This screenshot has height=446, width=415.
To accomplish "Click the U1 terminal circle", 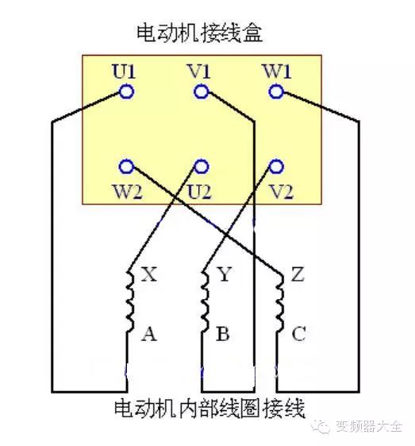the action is (x=126, y=91).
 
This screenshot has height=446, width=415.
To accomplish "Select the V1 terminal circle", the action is (x=202, y=91).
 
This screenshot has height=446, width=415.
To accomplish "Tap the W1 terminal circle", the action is (x=276, y=91).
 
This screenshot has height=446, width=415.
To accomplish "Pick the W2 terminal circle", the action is (x=126, y=166).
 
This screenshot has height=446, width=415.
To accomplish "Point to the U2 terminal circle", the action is (x=202, y=166).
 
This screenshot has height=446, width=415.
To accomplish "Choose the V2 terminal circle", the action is (x=276, y=166).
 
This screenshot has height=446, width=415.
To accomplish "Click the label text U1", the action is (x=124, y=71).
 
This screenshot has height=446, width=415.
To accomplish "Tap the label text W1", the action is (x=278, y=71).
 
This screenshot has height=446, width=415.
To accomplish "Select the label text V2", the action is (x=282, y=192).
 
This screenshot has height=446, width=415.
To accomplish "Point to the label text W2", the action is (x=128, y=192).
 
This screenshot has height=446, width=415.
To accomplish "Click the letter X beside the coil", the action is (x=149, y=274).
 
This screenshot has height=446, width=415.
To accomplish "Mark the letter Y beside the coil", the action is (x=225, y=274).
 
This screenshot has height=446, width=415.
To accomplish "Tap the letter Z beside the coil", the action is (x=298, y=274).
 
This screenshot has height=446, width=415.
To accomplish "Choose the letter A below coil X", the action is (x=149, y=334).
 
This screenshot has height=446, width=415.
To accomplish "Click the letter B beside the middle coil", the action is (x=223, y=334).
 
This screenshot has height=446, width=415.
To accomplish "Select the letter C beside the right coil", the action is (x=298, y=334).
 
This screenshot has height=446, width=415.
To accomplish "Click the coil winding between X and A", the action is (x=130, y=301).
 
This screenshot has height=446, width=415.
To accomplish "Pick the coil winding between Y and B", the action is (x=206, y=301).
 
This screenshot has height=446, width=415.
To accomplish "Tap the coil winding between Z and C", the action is (x=280, y=303).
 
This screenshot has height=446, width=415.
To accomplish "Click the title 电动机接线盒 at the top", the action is (x=199, y=33).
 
